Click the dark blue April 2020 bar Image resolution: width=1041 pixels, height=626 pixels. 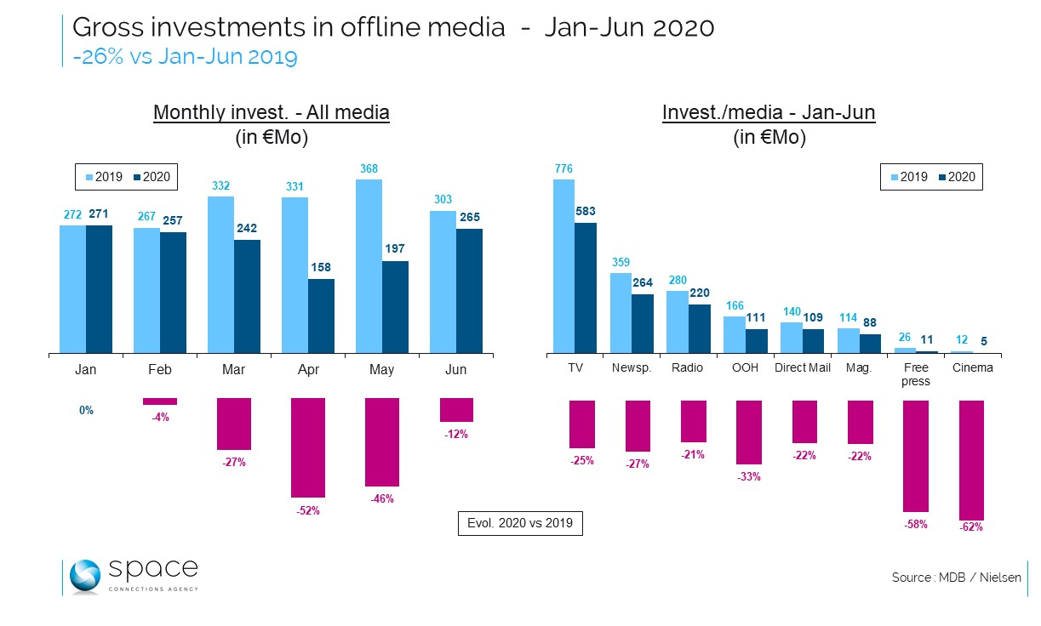(321, 316)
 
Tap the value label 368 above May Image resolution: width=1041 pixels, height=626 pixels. (369, 168)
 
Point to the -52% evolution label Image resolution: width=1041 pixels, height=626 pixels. (308, 510)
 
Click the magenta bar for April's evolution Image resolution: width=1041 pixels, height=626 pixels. (308, 447)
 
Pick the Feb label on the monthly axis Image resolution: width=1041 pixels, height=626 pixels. (159, 369)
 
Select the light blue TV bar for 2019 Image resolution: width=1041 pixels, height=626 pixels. (563, 265)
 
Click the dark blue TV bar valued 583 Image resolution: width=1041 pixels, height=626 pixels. (586, 287)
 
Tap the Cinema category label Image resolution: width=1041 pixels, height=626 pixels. (972, 368)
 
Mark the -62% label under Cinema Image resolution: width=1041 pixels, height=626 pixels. (971, 526)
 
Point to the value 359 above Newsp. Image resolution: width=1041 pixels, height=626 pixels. (620, 262)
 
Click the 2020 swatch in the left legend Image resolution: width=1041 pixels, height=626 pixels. (138, 178)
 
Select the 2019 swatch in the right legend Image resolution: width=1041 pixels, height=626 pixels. (894, 178)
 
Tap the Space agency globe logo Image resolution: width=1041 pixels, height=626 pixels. (85, 577)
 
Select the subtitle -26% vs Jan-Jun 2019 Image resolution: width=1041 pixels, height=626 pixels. (184, 57)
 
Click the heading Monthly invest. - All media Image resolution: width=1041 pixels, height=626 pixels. (271, 113)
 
